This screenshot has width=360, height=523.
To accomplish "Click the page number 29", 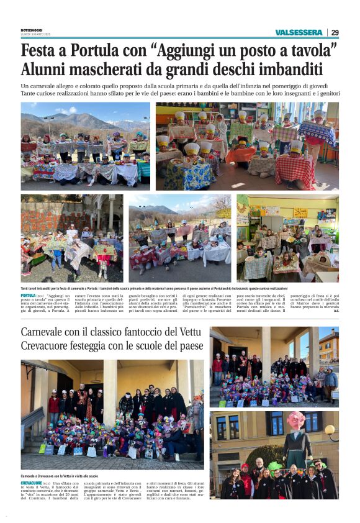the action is (x=335, y=32).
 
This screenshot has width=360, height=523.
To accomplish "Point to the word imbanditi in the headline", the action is (x=292, y=68).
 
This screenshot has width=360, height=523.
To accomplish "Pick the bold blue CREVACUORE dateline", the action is (x=31, y=483).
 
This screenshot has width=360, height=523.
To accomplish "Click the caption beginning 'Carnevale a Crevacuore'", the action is (x=60, y=475).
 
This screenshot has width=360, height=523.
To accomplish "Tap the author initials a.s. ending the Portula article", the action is (x=336, y=311).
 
